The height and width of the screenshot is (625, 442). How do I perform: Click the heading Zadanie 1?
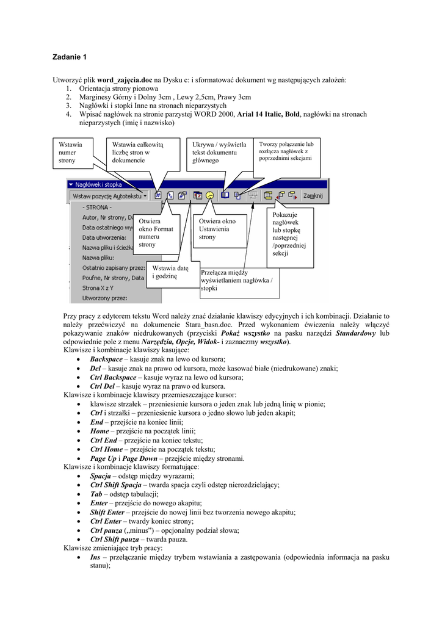tap(70, 57)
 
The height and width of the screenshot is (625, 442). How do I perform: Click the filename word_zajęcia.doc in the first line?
tap(125, 79)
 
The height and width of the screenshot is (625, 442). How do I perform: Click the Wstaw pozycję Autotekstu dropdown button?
tap(109, 196)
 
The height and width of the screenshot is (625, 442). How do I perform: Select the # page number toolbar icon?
tap(158, 196)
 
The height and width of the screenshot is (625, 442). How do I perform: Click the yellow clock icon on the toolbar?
tap(210, 196)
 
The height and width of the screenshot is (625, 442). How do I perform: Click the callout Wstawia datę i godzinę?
tap(170, 272)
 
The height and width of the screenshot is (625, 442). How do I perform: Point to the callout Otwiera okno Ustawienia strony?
tap(217, 228)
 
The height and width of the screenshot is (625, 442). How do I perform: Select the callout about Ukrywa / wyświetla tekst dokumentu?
tap(219, 153)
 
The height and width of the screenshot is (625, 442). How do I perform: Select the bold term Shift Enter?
tap(107, 512)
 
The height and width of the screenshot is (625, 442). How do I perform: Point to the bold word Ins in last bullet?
tap(95, 557)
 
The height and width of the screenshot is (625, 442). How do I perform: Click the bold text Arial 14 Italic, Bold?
tap(269, 114)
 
